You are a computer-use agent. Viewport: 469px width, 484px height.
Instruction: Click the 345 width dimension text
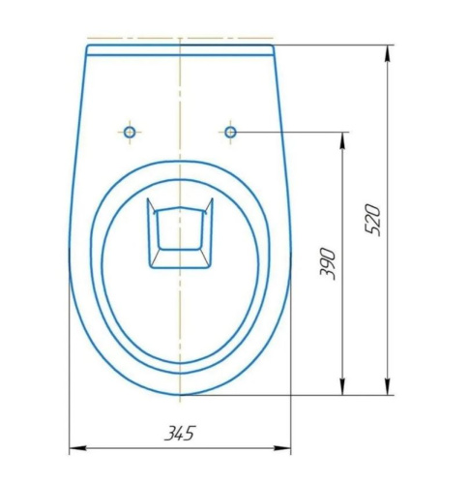click(x=179, y=433)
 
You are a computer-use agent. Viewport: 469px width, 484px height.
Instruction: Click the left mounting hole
click(x=130, y=130)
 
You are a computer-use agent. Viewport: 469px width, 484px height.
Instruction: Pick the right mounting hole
click(x=230, y=130)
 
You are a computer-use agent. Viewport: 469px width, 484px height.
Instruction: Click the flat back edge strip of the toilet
click(x=180, y=49)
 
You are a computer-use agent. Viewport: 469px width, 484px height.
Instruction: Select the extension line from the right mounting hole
click(x=290, y=130)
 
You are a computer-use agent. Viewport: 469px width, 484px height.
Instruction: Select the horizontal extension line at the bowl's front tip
click(x=290, y=395)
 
